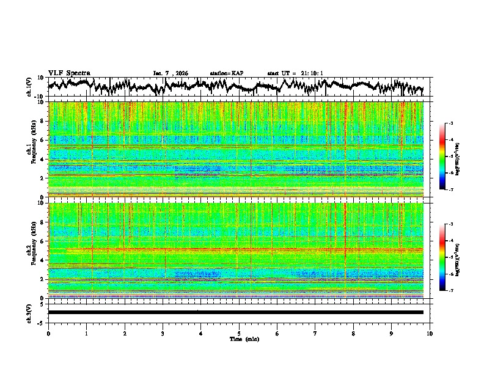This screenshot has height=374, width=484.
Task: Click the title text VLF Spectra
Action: click(x=69, y=73)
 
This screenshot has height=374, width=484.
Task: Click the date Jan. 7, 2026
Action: click(x=170, y=73)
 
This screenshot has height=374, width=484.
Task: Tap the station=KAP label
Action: click(x=226, y=73)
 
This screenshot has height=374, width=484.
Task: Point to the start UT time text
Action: click(x=295, y=73)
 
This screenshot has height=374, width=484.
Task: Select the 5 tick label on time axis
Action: click(x=239, y=333)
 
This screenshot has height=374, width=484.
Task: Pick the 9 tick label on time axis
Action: click(x=392, y=333)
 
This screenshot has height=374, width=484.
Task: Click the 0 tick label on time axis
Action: click(x=48, y=333)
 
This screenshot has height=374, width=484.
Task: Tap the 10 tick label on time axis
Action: click(x=430, y=333)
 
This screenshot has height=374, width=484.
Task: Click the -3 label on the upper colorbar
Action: click(x=450, y=124)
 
